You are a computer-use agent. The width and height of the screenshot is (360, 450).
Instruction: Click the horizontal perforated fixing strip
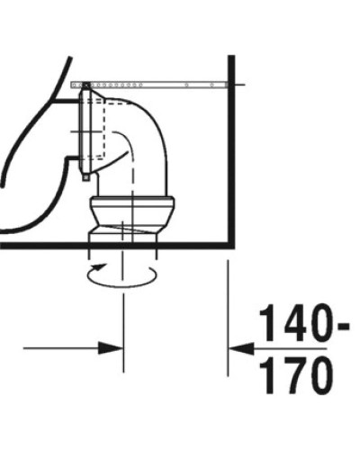click(153, 84)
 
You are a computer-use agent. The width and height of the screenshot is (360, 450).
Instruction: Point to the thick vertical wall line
click(232, 153)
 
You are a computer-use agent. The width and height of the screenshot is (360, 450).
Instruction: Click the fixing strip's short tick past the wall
click(240, 84)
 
